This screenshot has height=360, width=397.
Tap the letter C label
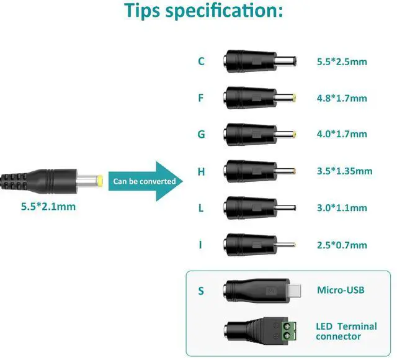201,61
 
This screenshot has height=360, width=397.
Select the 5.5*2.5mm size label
342,61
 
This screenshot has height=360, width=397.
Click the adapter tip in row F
259,97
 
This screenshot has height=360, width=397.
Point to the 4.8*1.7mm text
342,98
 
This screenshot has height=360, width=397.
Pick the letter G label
201,134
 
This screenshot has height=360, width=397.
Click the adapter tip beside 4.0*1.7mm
259,134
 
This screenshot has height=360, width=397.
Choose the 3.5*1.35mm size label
344,171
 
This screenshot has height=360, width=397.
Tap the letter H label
201,171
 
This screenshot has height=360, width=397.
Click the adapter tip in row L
259,207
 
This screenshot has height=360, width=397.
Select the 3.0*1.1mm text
342,208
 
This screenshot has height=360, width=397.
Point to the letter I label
200,245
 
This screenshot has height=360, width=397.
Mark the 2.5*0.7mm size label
342,245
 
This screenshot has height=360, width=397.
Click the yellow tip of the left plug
99,181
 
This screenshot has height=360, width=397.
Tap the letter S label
201,290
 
